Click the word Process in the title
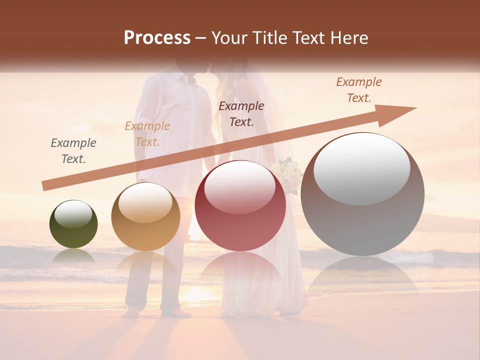click(157, 38)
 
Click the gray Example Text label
click(73, 151)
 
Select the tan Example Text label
click(147, 134)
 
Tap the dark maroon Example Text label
click(241, 113)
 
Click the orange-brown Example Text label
click(358, 90)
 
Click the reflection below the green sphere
click(73, 256)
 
